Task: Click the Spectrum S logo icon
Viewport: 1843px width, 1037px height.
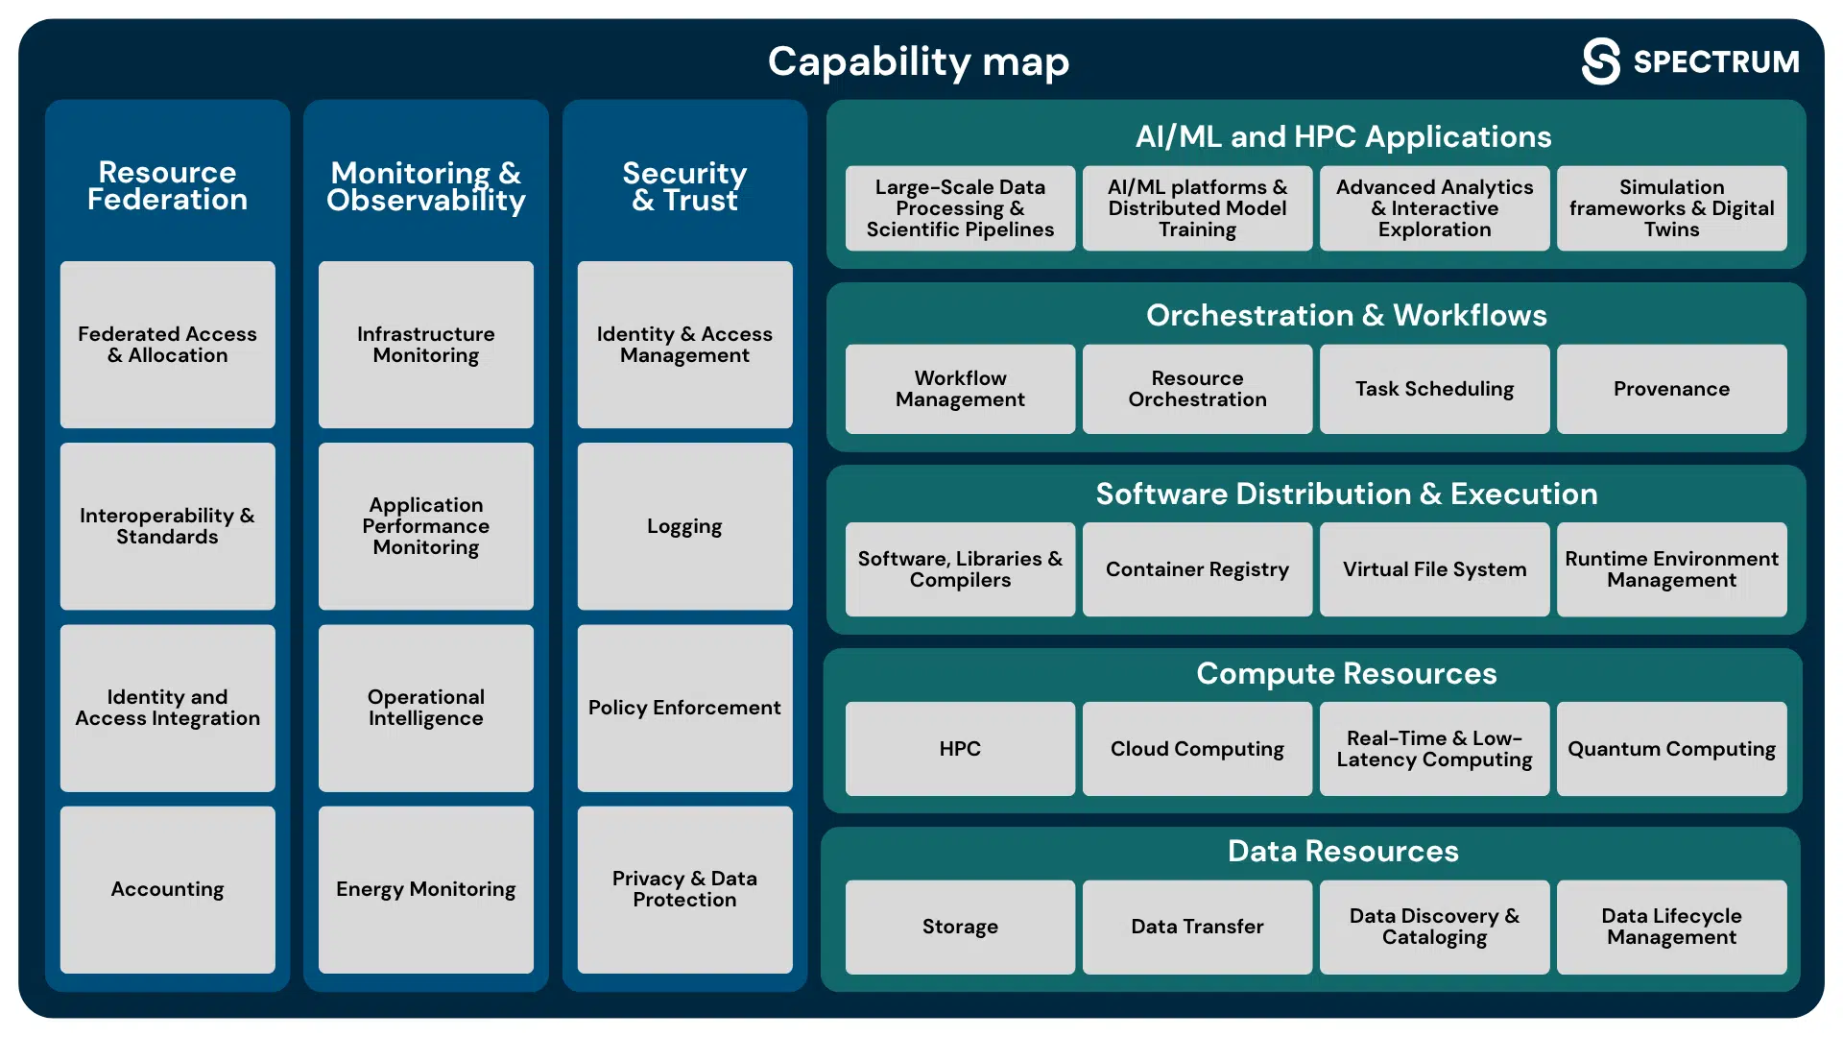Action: [1600, 61]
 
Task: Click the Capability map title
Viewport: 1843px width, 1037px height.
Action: [919, 62]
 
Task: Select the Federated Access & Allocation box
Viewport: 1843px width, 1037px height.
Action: [168, 345]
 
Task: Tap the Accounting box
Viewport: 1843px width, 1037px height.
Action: [168, 889]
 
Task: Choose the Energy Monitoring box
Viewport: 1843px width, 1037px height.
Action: [426, 889]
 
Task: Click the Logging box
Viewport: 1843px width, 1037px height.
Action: [685, 526]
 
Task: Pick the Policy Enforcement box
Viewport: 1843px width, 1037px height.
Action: [685, 708]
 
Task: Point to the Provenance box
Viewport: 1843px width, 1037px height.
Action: [1672, 389]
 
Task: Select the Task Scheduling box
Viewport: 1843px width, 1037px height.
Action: [1435, 389]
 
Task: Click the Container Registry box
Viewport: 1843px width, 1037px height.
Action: [1198, 569]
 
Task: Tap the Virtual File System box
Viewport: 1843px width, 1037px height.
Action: [1435, 569]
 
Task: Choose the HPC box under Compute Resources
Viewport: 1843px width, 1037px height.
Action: [961, 749]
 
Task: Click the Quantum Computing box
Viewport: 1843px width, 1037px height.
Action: [1672, 749]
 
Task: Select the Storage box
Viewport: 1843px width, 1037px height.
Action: [961, 927]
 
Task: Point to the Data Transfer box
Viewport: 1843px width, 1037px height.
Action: [1198, 927]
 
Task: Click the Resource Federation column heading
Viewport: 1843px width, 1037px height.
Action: [168, 185]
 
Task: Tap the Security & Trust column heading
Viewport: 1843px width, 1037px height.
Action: [685, 186]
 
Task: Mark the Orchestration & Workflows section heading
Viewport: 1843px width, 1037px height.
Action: [1346, 315]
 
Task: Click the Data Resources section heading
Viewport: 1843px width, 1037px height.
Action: [1343, 851]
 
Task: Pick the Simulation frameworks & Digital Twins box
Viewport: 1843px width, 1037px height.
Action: [1672, 208]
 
